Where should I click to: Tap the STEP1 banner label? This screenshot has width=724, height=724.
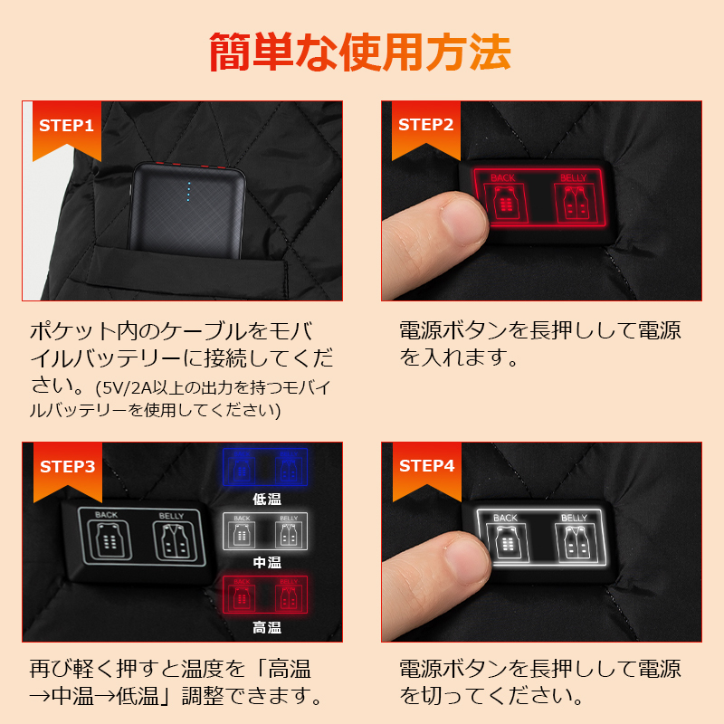(x=66, y=125)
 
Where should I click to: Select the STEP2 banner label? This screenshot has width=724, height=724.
(x=425, y=125)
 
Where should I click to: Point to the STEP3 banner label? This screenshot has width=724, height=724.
(x=66, y=466)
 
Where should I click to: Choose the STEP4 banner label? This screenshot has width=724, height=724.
(x=425, y=466)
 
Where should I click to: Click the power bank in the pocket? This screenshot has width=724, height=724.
(x=186, y=204)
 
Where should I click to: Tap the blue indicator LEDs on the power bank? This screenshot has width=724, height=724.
(x=188, y=191)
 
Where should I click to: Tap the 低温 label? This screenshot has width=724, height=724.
(x=266, y=498)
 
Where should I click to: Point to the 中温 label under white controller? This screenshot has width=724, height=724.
(x=266, y=562)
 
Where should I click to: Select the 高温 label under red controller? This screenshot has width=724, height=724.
(x=266, y=627)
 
